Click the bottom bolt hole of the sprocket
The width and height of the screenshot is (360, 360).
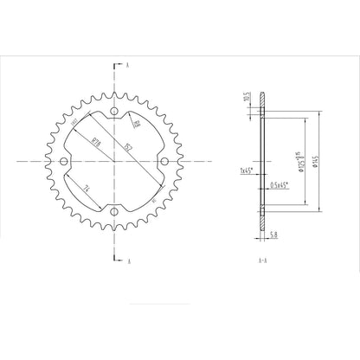(114, 211)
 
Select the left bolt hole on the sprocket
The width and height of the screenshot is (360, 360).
(64, 161)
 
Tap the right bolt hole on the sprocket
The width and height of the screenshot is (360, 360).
(164, 161)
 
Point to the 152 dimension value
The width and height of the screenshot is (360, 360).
(126, 148)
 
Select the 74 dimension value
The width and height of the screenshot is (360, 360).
(89, 187)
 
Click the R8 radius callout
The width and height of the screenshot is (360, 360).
(137, 127)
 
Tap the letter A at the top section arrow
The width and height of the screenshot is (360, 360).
(128, 65)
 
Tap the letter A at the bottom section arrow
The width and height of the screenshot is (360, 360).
(128, 259)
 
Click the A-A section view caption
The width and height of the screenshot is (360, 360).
(261, 259)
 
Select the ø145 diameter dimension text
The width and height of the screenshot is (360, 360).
(318, 161)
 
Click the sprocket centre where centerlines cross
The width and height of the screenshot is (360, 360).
(114, 161)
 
